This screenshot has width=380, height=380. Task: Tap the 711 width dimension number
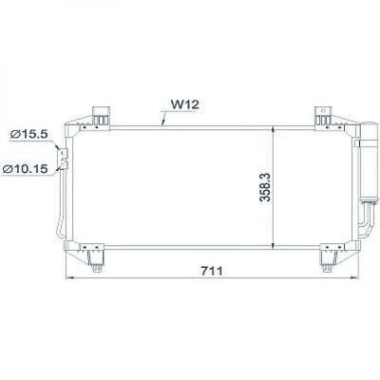[x=211, y=271]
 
